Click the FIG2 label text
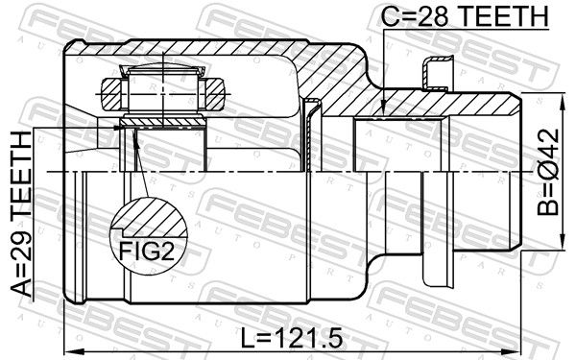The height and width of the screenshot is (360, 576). pos(147,251)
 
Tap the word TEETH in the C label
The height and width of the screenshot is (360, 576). pos(503,15)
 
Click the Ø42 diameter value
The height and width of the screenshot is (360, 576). pos(548,155)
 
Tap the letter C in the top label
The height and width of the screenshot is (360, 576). pos(390,15)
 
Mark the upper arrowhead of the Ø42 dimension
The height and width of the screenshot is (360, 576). pos(562,99)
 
